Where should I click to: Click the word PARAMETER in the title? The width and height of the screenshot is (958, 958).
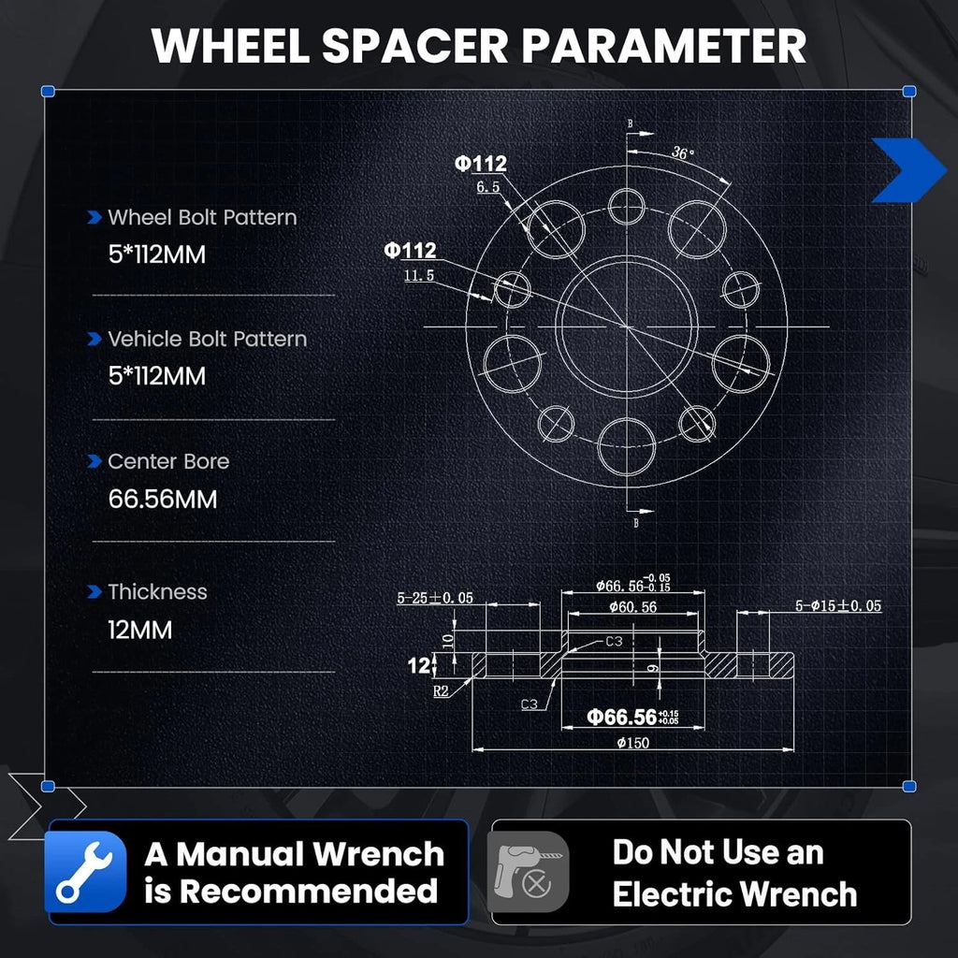coord(664,46)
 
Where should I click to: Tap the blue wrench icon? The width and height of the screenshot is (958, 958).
coord(85,872)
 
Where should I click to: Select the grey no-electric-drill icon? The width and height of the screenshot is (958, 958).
coord(528,872)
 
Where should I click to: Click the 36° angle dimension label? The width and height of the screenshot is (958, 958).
coord(682,152)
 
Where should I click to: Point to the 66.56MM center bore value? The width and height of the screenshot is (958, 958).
coord(163,500)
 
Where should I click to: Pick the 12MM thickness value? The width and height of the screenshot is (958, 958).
coord(140,630)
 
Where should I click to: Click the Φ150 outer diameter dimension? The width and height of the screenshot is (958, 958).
coord(633,743)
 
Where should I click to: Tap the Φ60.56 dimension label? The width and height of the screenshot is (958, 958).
coord(633,607)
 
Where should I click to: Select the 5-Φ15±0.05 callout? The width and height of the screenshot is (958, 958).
coord(838,605)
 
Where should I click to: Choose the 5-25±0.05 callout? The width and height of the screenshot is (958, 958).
coord(435,598)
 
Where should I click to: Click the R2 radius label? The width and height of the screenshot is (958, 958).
coord(441,691)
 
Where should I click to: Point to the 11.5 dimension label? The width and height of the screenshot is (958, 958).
coord(419,276)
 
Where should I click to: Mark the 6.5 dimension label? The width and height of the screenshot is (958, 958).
coord(488,187)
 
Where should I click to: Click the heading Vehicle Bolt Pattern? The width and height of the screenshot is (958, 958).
coord(207,339)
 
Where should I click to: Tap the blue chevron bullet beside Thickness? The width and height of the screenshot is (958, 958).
coord(94,591)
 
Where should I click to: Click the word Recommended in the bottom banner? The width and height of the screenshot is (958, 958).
coord(309,892)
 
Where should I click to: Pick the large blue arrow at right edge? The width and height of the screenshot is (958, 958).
coord(908,170)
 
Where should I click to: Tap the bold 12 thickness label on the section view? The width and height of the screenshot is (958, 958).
coord(418,665)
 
